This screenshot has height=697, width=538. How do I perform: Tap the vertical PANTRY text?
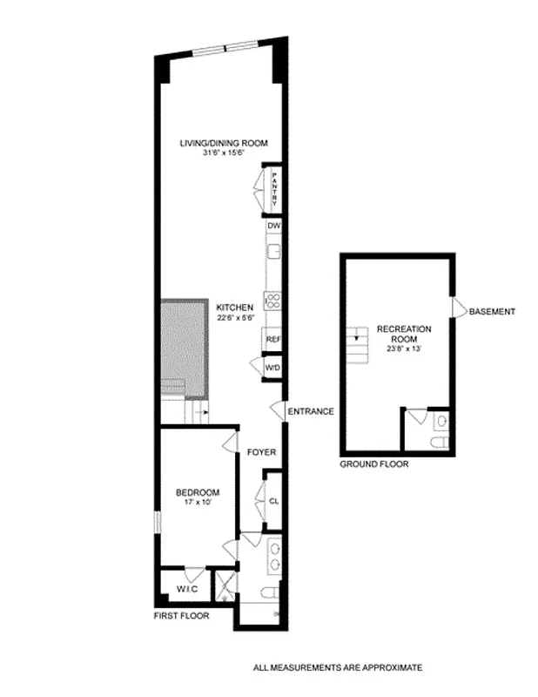(x=273, y=189)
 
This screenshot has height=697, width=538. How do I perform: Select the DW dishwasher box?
(x=272, y=225)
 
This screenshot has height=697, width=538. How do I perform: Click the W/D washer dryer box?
(x=272, y=369)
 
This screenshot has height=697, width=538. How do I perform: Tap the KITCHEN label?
(x=235, y=307)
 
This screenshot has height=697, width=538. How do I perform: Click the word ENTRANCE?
(x=311, y=411)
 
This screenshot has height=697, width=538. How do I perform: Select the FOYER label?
(x=261, y=452)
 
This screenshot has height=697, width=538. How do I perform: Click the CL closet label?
(x=273, y=501)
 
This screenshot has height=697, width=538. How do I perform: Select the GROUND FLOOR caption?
(x=373, y=464)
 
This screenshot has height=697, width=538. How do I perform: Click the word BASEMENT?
(x=493, y=311)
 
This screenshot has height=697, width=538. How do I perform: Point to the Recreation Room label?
(x=404, y=334)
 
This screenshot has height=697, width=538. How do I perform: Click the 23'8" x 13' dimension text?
(x=404, y=349)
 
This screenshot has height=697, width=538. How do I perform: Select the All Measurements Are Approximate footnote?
(x=337, y=668)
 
